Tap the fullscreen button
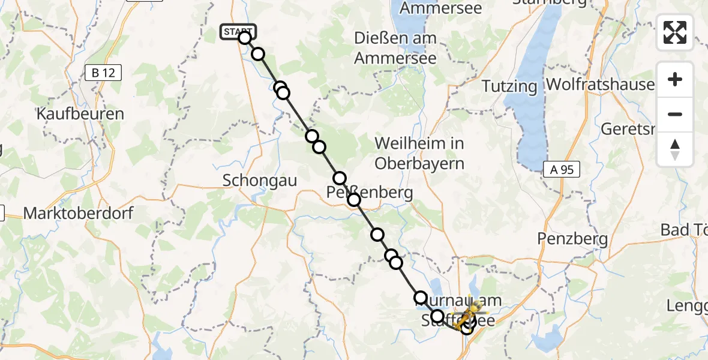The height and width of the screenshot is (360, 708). [675, 32]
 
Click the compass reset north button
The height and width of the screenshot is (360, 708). [675, 149]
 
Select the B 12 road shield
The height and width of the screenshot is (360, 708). [103, 73]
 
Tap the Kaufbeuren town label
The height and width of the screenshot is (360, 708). [80, 114]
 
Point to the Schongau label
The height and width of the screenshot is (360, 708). [260, 180]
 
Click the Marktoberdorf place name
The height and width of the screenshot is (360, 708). [79, 213]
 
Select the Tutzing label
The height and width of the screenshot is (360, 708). [510, 86]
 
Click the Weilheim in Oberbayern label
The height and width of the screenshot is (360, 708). [419, 154]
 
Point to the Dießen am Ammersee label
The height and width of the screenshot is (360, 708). [395, 48]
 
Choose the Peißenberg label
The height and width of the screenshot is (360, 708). [370, 193]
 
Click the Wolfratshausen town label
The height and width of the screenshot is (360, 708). [601, 84]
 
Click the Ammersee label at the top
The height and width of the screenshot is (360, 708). [441, 8]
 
